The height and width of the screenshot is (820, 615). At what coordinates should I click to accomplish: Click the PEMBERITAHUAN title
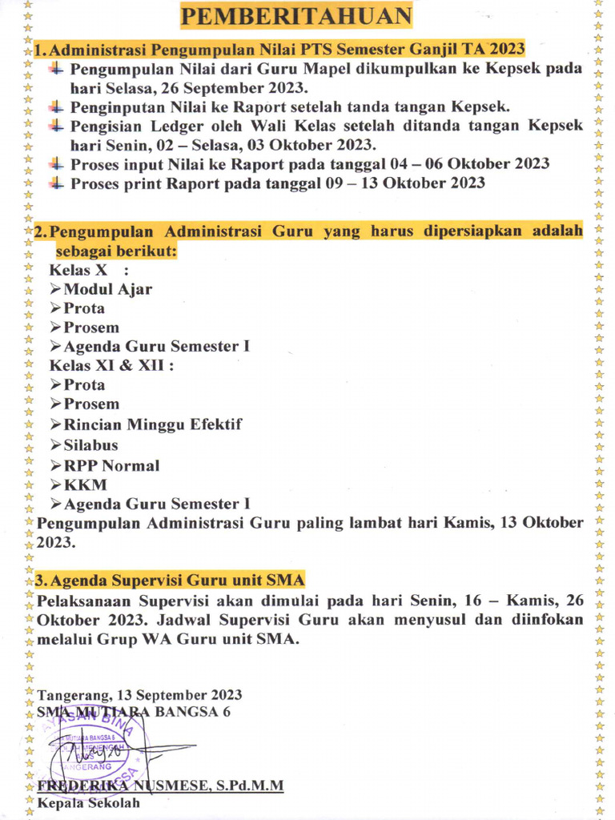pos(295,15)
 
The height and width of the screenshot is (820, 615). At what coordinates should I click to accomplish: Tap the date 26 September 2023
pos(251,87)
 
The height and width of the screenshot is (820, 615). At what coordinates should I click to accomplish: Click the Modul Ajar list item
pos(107,289)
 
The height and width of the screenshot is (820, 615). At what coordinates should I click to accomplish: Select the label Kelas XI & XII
pos(111,365)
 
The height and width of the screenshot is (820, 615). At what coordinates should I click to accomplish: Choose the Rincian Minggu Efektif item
pos(152,424)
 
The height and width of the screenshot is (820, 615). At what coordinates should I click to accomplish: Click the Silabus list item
pos(90,445)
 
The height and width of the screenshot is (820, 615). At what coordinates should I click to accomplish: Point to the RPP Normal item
pos(111,465)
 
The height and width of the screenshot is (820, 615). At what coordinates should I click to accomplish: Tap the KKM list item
pos(85,484)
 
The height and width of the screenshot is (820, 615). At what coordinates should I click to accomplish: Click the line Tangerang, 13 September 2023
pos(139,695)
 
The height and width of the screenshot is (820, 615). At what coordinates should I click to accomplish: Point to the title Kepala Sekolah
pos(88,803)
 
